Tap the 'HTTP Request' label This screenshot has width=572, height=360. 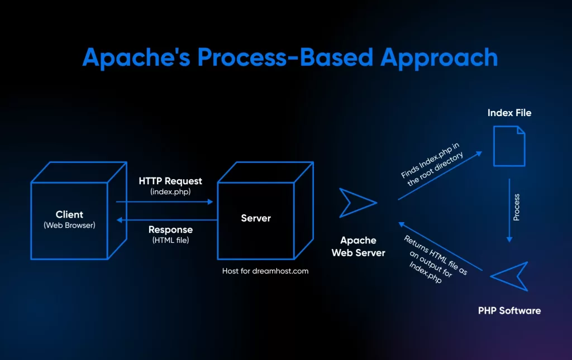tap(170, 181)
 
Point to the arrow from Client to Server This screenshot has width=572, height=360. tap(165, 202)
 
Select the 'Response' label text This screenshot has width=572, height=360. tap(170, 230)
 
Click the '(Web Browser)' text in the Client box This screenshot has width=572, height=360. tap(70, 225)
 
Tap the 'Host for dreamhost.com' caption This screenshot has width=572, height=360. tap(265, 271)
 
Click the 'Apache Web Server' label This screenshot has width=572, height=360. tap(358, 246)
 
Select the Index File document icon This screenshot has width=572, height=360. tap(509, 146)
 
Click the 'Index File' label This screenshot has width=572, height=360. tap(509, 113)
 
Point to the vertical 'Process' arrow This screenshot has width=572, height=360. tap(509, 210)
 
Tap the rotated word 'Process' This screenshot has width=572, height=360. tap(517, 207)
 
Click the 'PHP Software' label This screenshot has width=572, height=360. tap(509, 310)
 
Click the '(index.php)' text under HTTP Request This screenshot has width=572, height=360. tap(170, 191)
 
